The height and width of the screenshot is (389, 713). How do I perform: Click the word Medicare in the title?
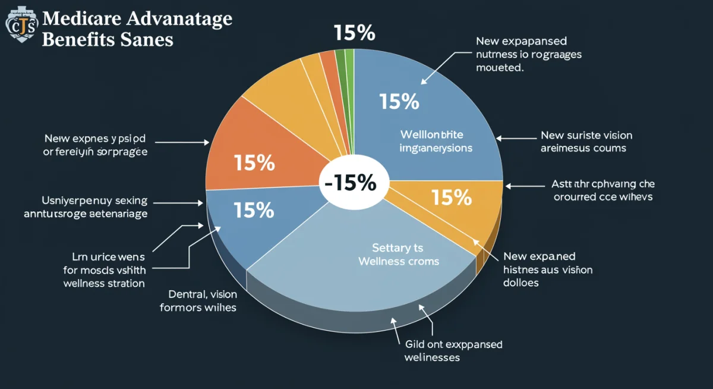coord(83,18)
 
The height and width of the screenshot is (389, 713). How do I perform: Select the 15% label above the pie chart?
coord(354,33)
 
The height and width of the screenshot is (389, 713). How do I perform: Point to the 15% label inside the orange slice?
coord(254,162)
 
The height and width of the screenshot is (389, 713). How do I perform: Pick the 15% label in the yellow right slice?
coord(452,197)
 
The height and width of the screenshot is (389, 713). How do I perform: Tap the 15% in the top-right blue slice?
coord(399,102)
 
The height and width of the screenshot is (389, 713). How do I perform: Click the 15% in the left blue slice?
coord(254,209)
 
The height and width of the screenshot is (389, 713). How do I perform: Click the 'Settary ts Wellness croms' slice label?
coord(398,254)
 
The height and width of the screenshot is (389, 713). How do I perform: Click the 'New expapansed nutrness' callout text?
coord(528,54)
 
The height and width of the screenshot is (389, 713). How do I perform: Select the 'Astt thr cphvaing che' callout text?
coord(602,190)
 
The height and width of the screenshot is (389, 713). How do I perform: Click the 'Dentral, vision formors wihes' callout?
coord(198,300)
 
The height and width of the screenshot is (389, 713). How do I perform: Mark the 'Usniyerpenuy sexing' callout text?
coord(86,207)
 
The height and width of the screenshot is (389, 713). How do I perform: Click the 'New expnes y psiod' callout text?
coord(95,145)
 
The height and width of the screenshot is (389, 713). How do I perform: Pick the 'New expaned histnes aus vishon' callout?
coord(547,269)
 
